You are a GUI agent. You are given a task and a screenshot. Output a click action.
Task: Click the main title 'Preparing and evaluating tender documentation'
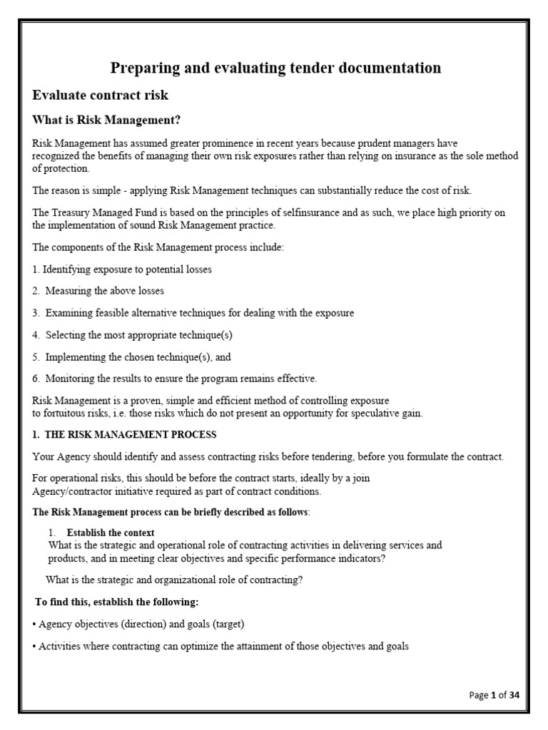(x=275, y=68)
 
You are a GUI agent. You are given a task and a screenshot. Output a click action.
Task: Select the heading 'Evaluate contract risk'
(x=101, y=95)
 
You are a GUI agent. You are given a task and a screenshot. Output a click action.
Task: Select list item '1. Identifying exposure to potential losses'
(x=122, y=269)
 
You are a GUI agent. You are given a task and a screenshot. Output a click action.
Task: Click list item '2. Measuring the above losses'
(x=98, y=291)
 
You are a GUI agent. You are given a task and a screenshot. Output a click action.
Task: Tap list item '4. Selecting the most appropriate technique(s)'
(x=133, y=334)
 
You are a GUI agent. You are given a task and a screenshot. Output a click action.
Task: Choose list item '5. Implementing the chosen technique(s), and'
(x=132, y=356)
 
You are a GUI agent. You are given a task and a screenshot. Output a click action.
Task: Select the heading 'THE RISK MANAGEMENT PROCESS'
(x=124, y=434)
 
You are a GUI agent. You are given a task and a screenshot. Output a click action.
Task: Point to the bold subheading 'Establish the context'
(x=111, y=533)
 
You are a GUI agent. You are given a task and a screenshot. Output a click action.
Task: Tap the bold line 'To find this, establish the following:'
(x=112, y=602)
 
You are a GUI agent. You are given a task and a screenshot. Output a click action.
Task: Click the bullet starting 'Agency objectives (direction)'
(x=138, y=624)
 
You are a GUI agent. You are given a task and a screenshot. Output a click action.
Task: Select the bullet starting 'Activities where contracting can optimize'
(x=220, y=647)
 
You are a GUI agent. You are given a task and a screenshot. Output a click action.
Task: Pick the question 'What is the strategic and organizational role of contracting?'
(x=174, y=580)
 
